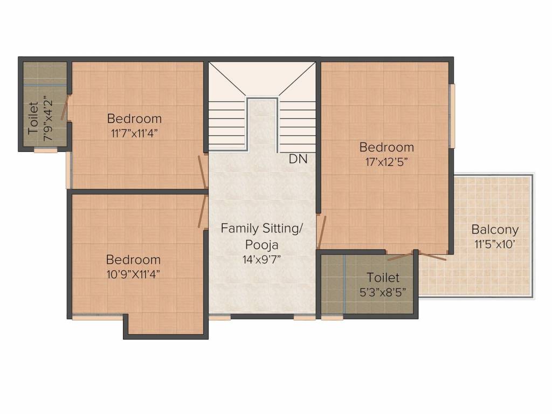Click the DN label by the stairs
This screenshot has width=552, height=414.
pos(298,160)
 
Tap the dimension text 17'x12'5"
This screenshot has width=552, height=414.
pos(387,162)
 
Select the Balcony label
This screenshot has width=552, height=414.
pos(495,230)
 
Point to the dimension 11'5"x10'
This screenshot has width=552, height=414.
pos(495,244)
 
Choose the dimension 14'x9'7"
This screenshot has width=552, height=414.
pos(261,259)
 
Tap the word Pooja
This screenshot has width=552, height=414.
pos(261,244)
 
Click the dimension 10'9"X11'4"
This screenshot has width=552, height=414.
pos(133,274)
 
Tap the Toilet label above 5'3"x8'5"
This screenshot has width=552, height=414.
pos(383,278)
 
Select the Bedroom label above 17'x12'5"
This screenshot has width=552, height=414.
pos(387,147)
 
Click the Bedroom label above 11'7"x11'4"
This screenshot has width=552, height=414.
pos(134,119)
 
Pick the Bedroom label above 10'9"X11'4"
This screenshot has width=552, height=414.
pos(133,259)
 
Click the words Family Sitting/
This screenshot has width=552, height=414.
pos(261,229)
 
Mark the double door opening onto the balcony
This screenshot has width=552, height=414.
pos(417,255)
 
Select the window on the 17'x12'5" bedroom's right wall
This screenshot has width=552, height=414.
pos(452,115)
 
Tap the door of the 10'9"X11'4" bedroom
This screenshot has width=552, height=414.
pos(203,211)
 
